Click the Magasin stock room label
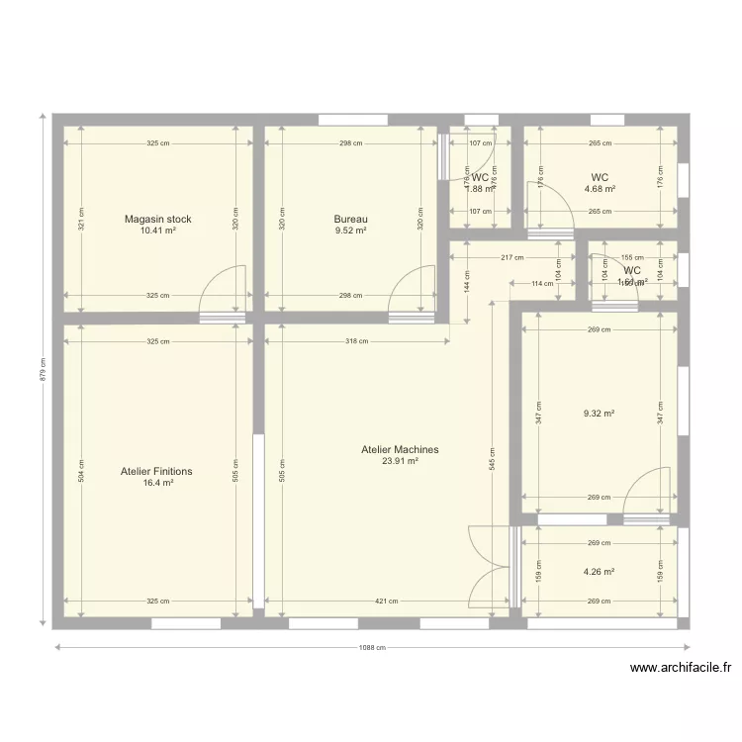[x=157, y=219]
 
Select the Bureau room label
[x=350, y=219]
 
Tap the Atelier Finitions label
[x=156, y=472]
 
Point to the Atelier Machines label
[x=400, y=449]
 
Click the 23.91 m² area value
[x=400, y=461]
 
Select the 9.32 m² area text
[x=600, y=414]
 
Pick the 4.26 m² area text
[x=600, y=572]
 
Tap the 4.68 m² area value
[x=600, y=189]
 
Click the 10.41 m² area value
[x=157, y=231]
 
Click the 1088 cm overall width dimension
[x=371, y=649]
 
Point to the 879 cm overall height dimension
[x=43, y=370]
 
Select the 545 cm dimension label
[x=492, y=459]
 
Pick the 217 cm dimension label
[x=511, y=258]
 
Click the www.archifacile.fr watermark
[x=680, y=669]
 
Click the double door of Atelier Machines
[x=489, y=570]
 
